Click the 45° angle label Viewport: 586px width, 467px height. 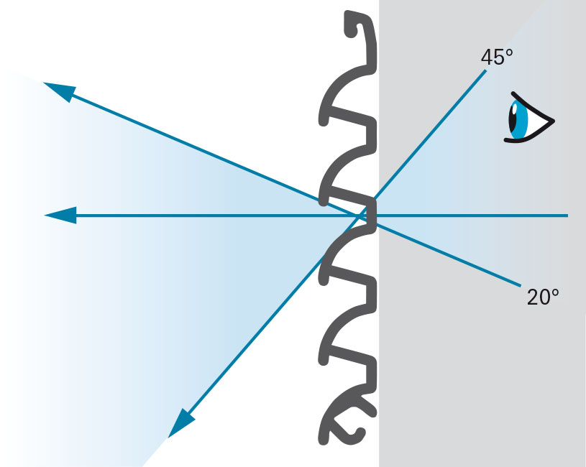[x=497, y=57]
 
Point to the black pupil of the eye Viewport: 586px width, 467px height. [x=514, y=119]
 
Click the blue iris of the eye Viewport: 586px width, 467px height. [x=521, y=119]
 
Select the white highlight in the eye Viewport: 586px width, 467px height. [x=515, y=110]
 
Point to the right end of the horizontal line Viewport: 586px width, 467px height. [x=568, y=215]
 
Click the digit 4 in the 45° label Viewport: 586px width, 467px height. [x=486, y=57]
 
